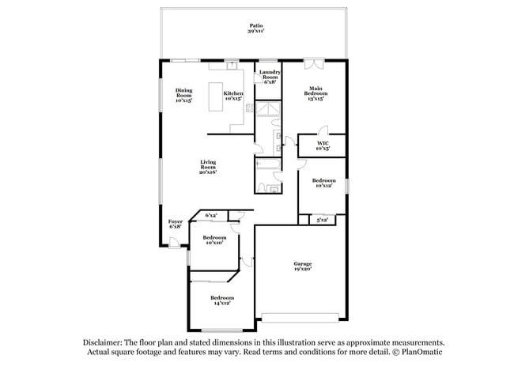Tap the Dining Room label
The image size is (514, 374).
(183, 96)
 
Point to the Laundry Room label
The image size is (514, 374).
(269, 77)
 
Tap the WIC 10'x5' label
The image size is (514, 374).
(323, 145)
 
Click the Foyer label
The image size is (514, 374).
(175, 224)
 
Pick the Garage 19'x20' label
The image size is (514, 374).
(301, 266)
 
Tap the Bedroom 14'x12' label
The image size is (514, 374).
(221, 300)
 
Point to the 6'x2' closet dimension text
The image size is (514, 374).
(211, 215)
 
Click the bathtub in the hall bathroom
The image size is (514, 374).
(266, 165)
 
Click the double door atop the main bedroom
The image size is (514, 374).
(314, 62)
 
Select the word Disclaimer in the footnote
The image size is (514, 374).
(105, 342)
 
